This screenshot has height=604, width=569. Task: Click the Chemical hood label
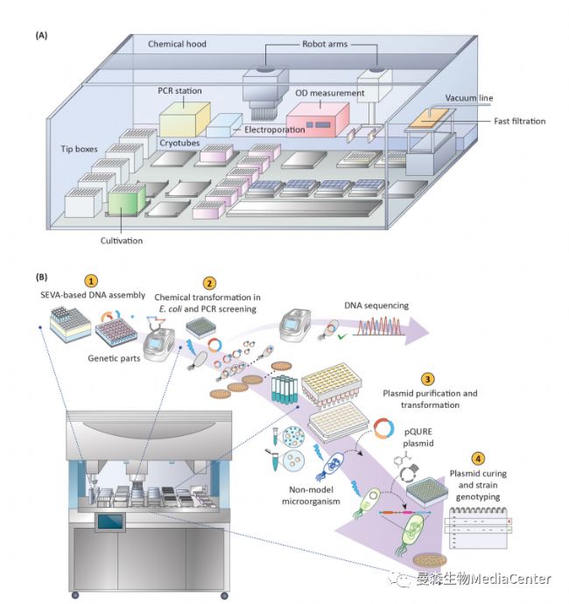[177, 44]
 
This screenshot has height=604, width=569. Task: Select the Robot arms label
[324, 44]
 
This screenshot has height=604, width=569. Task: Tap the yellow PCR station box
[183, 118]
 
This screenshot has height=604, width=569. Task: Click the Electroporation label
[275, 130]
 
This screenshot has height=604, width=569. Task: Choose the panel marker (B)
[41, 277]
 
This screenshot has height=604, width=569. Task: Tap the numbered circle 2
[208, 283]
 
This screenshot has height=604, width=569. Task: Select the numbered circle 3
[426, 379]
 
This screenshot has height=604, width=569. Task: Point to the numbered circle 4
[477, 457]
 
